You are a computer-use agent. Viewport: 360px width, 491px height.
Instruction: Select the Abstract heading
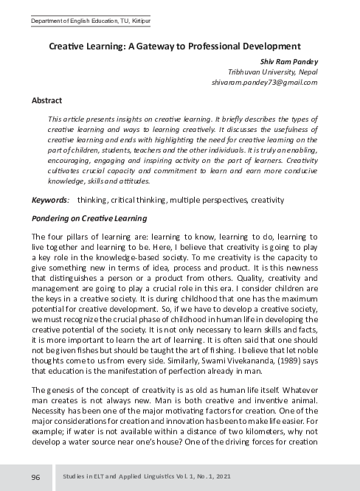(46, 100)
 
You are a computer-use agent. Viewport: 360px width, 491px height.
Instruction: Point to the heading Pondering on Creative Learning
(89, 218)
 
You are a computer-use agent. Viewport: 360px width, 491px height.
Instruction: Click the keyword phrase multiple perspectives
(209, 200)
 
